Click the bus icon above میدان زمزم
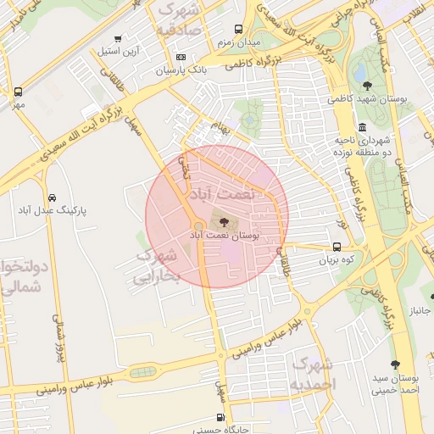(251, 29)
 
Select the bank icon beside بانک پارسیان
(181, 57)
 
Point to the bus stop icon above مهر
(19, 92)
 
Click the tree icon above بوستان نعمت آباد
(224, 221)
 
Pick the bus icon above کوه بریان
(337, 248)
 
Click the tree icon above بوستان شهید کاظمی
(367, 85)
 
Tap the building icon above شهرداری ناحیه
(362, 126)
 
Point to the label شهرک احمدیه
(313, 374)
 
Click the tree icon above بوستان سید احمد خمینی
(394, 363)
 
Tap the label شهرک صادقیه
(178, 16)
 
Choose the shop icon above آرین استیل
(118, 39)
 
